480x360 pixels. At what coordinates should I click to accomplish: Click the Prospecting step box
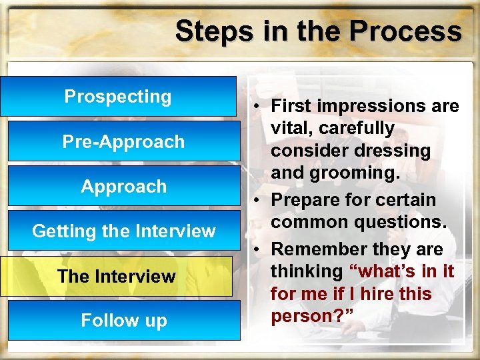118,97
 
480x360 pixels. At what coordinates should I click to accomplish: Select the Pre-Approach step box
123,141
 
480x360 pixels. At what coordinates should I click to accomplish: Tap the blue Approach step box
123,186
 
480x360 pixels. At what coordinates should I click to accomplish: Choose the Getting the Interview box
123,231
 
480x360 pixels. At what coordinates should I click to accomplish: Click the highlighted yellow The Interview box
117,276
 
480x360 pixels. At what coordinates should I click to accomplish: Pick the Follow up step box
123,321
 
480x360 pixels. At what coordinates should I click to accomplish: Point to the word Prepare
309,200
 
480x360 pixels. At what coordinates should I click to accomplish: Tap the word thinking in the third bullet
306,272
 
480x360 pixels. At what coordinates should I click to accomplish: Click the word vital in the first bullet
291,128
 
